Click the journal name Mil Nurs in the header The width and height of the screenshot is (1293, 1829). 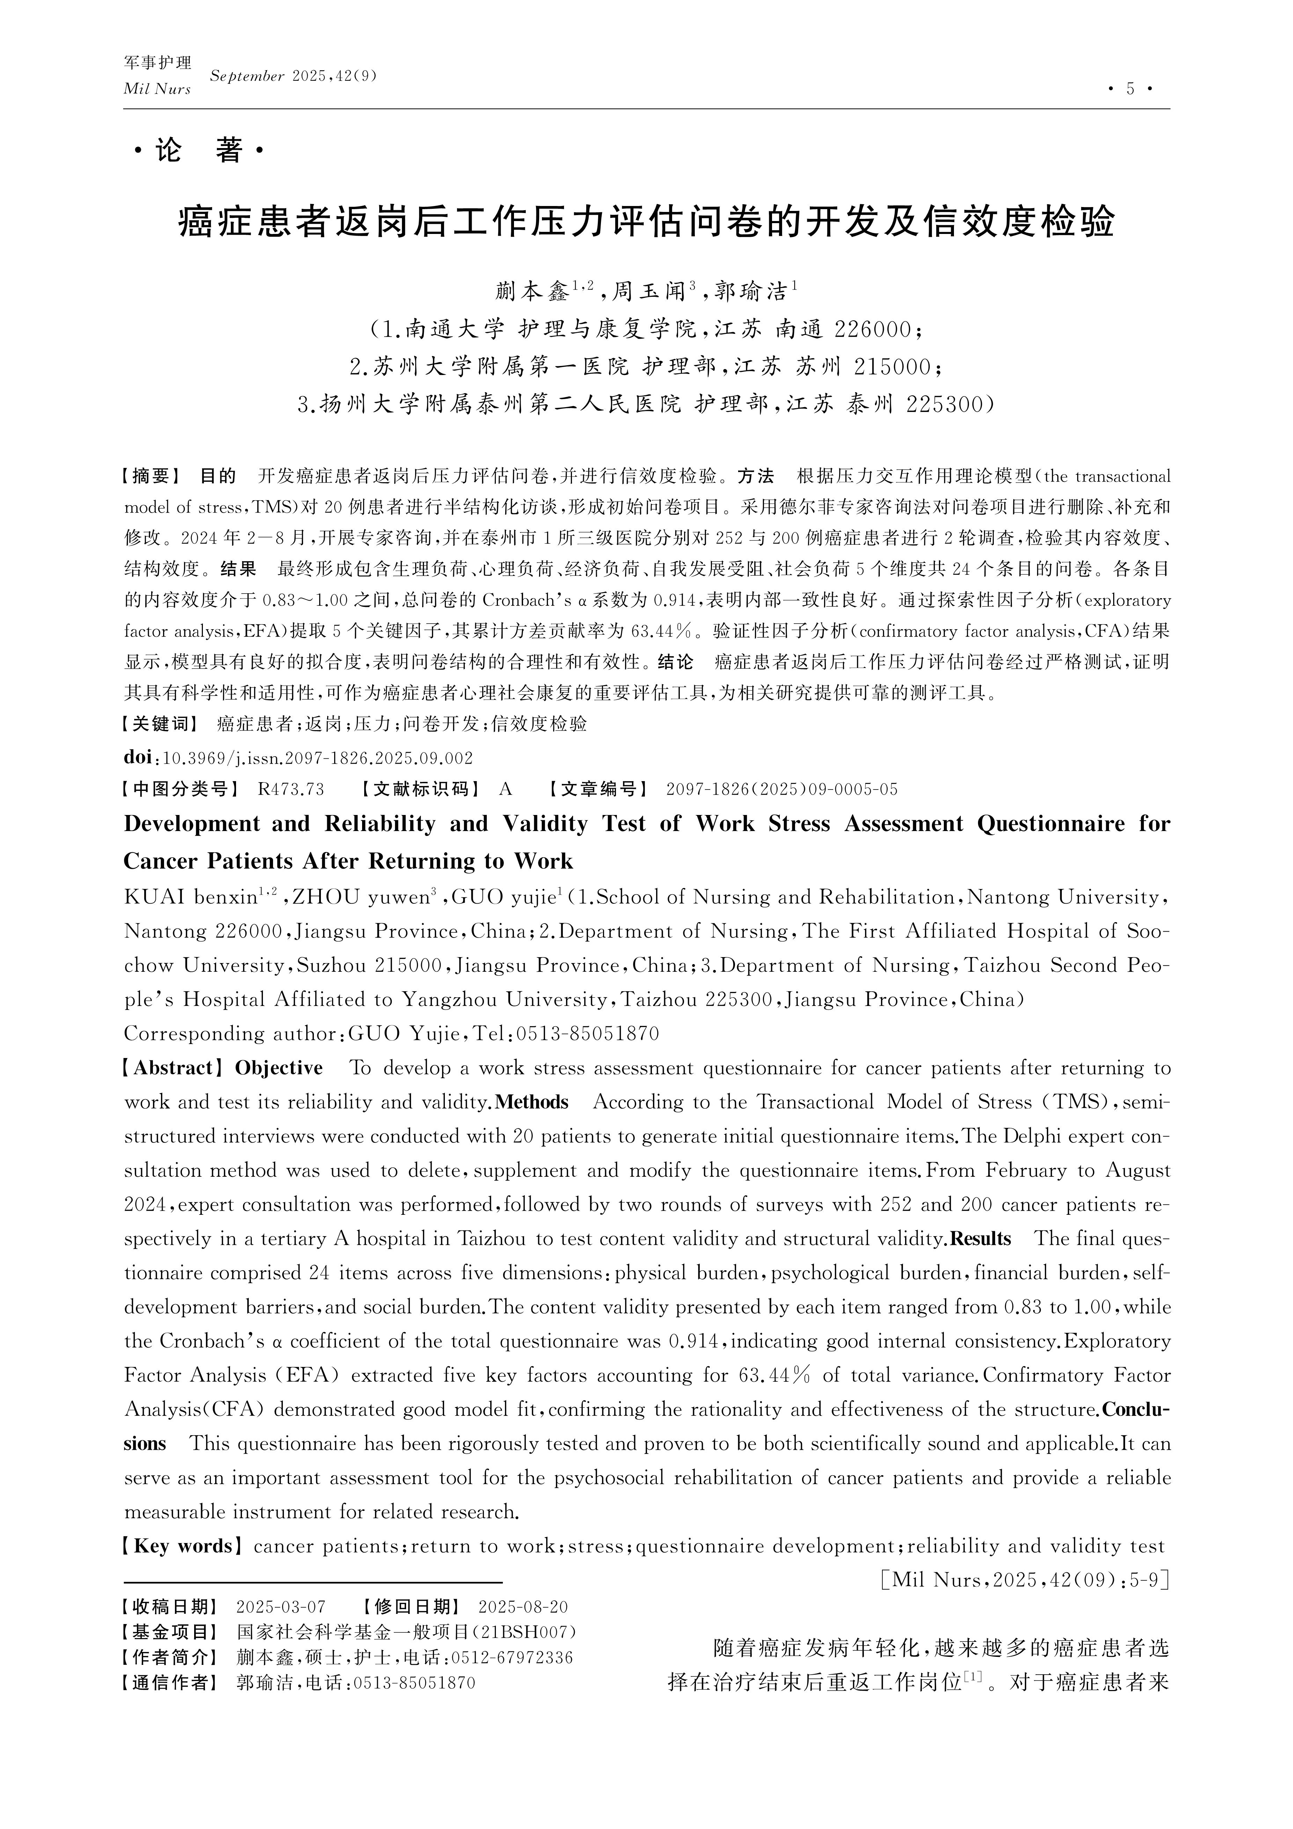[x=157, y=89]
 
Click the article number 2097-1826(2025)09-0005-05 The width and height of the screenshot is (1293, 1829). [x=781, y=789]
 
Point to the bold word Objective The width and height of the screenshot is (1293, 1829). [x=279, y=1068]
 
